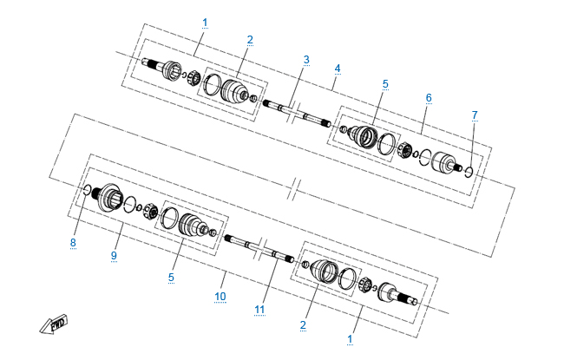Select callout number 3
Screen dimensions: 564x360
306,59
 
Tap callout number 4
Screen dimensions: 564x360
337,69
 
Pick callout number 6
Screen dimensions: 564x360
429,97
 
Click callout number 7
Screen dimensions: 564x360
475,115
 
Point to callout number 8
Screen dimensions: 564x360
73,242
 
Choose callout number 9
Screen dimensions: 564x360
114,255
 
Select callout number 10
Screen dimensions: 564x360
220,297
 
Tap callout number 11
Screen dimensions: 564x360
259,310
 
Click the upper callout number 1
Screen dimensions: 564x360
205,23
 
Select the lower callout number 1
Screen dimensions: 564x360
350,339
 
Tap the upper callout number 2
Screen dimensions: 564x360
250,40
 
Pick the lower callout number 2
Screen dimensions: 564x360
303,324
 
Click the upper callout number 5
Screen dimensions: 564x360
385,84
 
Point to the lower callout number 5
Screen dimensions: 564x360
171,278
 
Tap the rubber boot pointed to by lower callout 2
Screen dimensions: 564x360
325,272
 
